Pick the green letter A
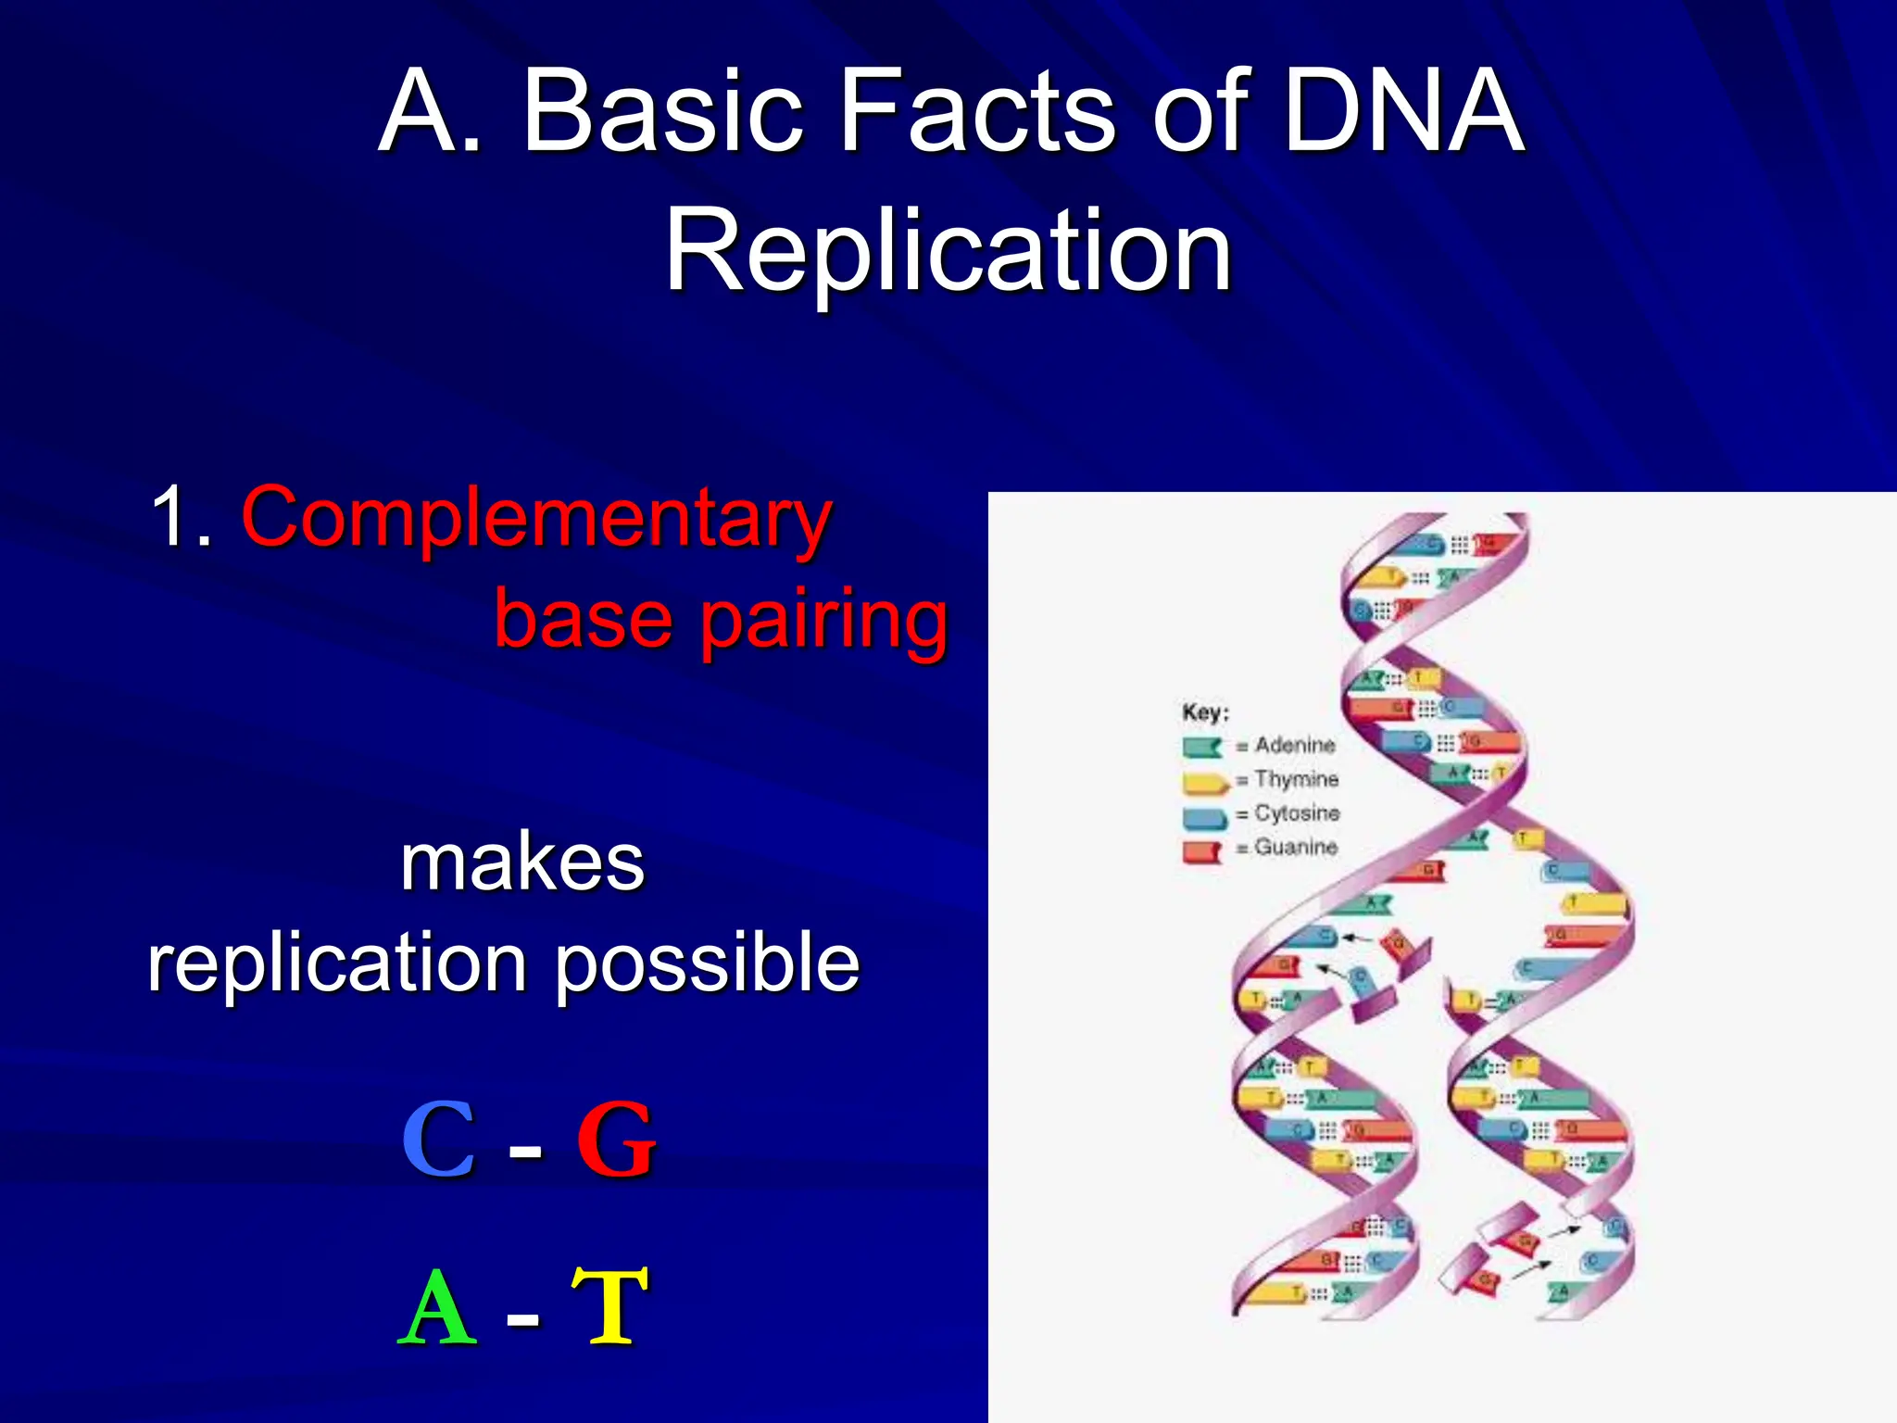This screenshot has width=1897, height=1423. (x=437, y=1308)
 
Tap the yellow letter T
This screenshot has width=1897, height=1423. (x=609, y=1308)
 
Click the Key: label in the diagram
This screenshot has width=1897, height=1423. (x=1205, y=712)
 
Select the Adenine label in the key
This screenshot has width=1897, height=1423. (x=1295, y=745)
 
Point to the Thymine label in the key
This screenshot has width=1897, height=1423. (x=1296, y=779)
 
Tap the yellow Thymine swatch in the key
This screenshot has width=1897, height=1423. (x=1203, y=782)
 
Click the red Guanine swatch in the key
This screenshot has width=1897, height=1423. (x=1202, y=850)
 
